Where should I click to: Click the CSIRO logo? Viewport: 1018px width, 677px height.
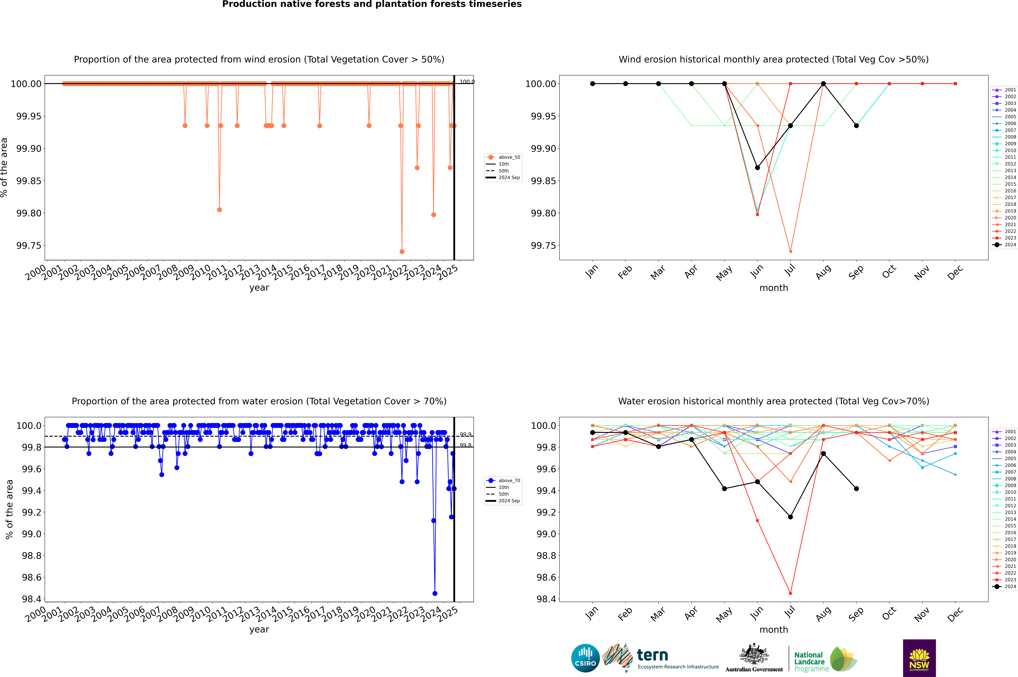(x=585, y=658)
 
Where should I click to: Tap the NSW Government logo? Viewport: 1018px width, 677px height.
(x=919, y=658)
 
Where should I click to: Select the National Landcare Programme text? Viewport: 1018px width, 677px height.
(x=810, y=661)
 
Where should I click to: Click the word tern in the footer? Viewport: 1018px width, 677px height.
(x=653, y=655)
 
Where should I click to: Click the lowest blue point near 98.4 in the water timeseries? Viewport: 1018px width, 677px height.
(x=435, y=593)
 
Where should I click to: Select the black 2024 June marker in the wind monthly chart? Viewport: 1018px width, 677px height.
(x=757, y=167)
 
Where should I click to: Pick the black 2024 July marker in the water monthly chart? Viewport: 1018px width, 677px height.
(x=790, y=517)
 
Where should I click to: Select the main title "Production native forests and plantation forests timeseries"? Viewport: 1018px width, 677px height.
(x=372, y=4)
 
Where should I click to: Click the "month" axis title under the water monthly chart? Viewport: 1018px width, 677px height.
(x=773, y=630)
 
